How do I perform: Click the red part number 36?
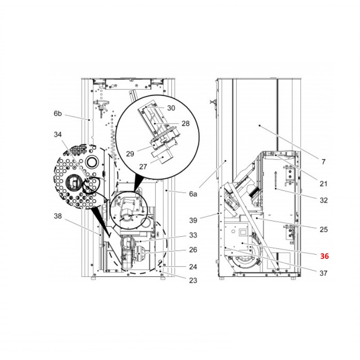[324, 256]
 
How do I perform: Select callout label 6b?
[58, 114]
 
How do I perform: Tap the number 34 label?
[58, 135]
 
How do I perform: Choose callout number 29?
[130, 154]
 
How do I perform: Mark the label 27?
[143, 166]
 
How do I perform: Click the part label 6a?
[193, 194]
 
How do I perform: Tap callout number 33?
[193, 235]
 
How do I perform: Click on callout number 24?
[193, 267]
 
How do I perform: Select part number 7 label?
[324, 162]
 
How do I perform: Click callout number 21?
[324, 184]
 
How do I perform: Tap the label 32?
[324, 200]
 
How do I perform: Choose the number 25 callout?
[324, 229]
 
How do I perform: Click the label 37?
[324, 273]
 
